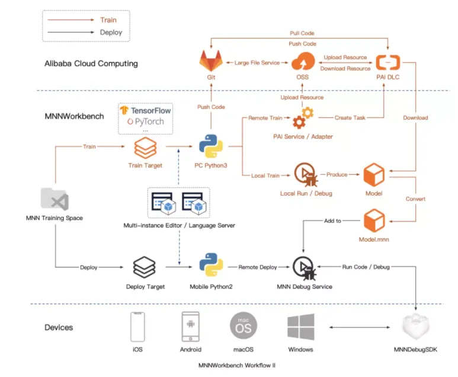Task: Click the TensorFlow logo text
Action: (145, 110)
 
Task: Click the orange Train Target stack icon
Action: (144, 147)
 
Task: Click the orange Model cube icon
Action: (374, 175)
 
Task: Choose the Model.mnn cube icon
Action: (374, 221)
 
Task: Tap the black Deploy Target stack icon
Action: (144, 267)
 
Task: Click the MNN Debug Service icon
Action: (304, 268)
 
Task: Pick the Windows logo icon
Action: (300, 327)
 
